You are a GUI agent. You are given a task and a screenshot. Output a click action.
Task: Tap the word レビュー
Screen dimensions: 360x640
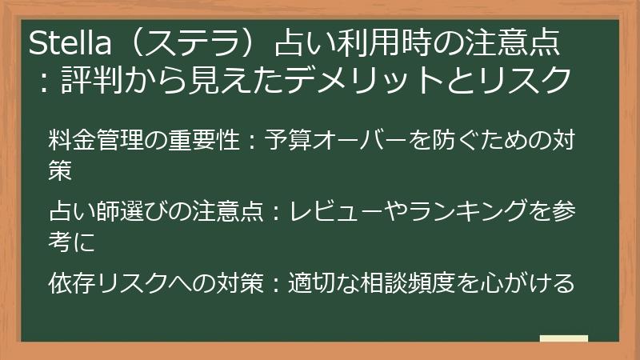(327, 213)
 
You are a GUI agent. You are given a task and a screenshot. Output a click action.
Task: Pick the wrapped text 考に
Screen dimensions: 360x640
(71, 242)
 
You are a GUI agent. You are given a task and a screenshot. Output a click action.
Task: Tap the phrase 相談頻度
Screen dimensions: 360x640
(399, 283)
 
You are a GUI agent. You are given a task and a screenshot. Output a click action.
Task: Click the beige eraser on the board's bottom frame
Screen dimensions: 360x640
(564, 340)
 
